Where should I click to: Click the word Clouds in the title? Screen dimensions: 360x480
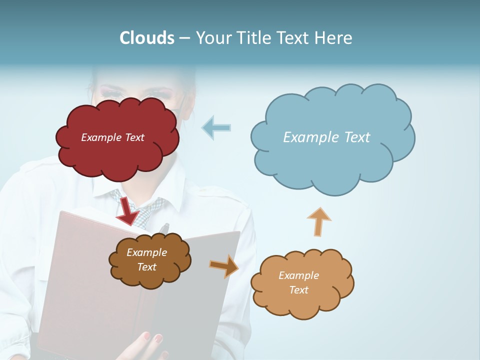(x=147, y=38)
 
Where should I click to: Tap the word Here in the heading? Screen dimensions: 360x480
(x=334, y=38)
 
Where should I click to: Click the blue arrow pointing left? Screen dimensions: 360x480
(x=216, y=127)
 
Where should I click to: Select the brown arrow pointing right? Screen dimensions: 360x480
(x=224, y=265)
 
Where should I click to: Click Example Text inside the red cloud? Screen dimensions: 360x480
(x=112, y=137)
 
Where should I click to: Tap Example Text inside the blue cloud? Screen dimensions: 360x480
(x=326, y=137)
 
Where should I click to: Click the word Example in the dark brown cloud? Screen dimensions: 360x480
(x=146, y=252)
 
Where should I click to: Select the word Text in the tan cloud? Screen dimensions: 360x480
(x=298, y=290)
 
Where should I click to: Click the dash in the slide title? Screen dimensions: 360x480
(x=184, y=38)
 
